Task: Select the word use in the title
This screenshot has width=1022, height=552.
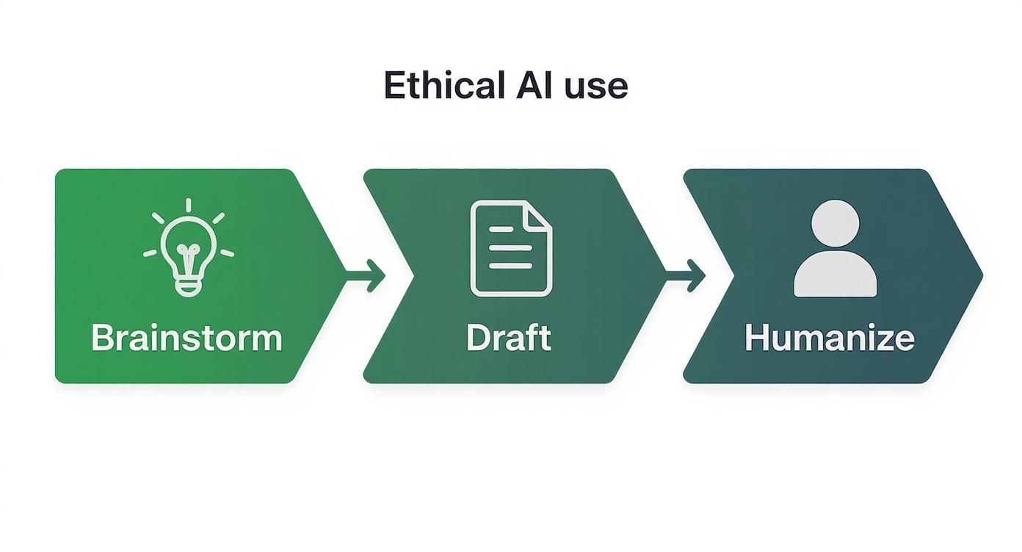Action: (x=595, y=87)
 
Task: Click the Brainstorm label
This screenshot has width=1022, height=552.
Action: (x=186, y=338)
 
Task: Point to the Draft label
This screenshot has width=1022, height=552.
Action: (x=508, y=338)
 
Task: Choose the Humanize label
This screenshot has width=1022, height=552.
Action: (x=830, y=338)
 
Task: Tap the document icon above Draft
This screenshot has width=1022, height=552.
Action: (x=511, y=248)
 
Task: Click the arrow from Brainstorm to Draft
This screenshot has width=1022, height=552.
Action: (x=367, y=276)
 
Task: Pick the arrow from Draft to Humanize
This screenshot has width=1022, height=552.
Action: (x=686, y=276)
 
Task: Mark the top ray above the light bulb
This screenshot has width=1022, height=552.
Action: (x=189, y=205)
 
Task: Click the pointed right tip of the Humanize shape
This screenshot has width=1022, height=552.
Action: (x=979, y=276)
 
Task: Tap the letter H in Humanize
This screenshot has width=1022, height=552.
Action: (x=756, y=338)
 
